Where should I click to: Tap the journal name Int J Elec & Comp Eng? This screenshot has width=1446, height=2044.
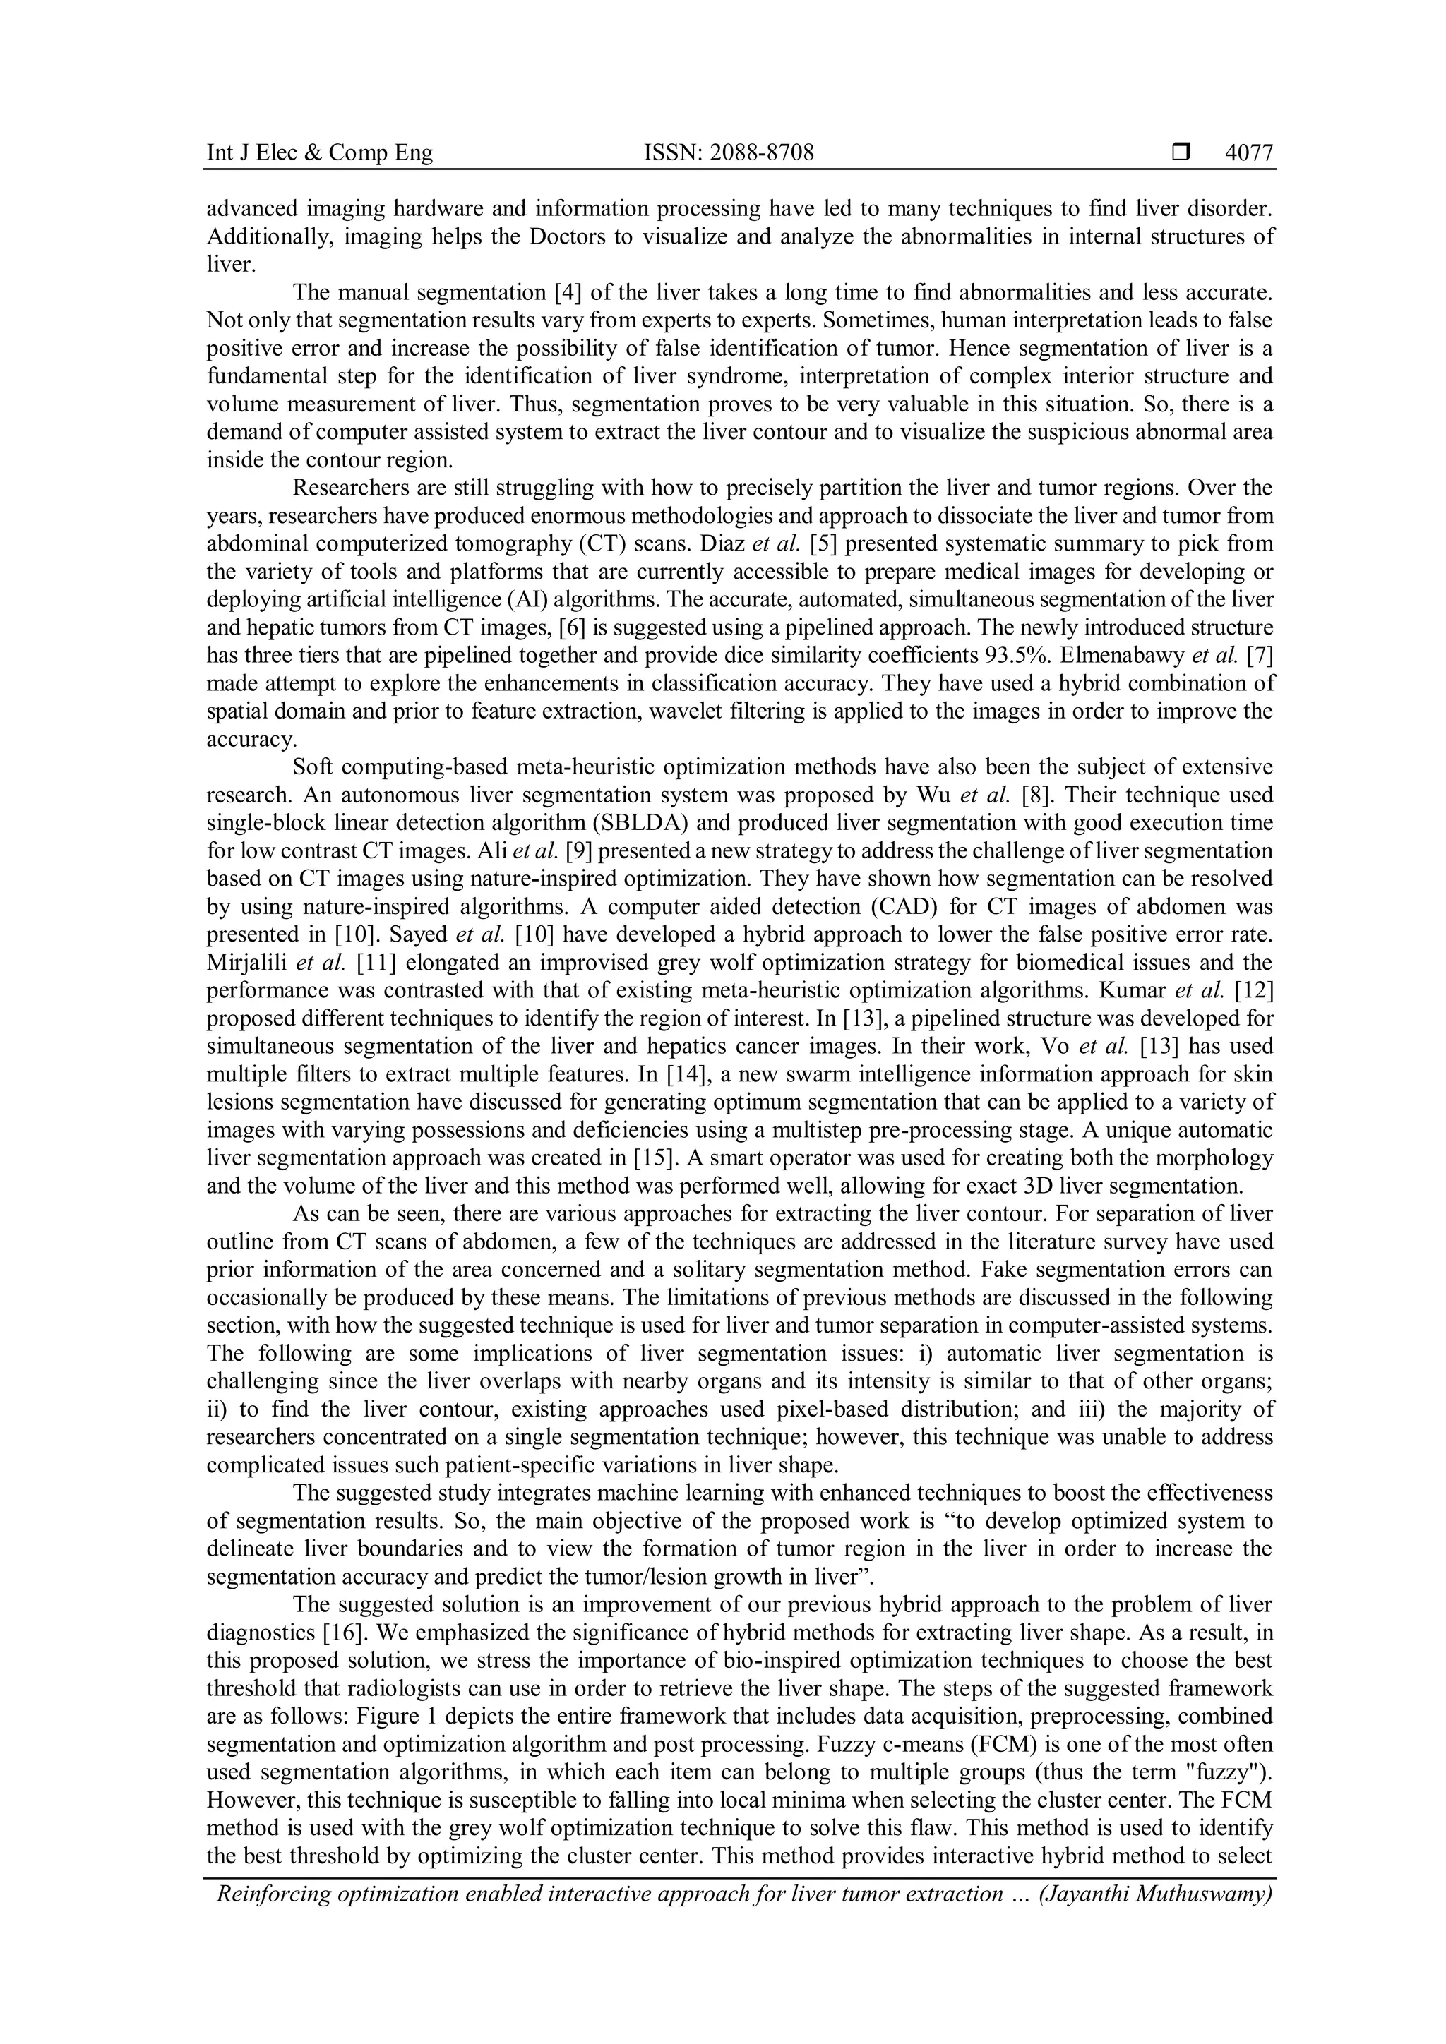(x=320, y=153)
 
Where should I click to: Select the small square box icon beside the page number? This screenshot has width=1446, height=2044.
(x=1181, y=153)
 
